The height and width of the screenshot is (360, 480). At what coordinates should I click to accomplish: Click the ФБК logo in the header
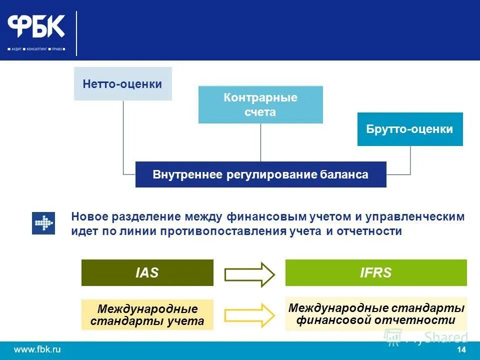click(x=36, y=26)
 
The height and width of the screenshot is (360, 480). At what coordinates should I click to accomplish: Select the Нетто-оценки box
click(x=122, y=84)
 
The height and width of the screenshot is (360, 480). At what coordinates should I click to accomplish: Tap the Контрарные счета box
click(x=260, y=104)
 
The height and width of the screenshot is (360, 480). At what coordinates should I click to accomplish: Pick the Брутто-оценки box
click(x=410, y=129)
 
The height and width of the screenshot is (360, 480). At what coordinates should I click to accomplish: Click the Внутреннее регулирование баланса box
click(x=260, y=174)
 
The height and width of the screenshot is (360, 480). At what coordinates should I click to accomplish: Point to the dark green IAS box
click(x=147, y=272)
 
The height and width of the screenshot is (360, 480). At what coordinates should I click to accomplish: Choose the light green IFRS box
click(x=376, y=272)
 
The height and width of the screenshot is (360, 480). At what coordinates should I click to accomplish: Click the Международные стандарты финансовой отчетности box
click(x=376, y=314)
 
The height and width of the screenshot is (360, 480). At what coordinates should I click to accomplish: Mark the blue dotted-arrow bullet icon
click(x=43, y=223)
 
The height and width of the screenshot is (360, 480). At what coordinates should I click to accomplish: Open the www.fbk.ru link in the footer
click(x=37, y=349)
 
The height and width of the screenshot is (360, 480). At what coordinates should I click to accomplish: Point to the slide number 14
click(x=461, y=349)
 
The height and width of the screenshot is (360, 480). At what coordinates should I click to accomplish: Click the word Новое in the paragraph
click(x=89, y=217)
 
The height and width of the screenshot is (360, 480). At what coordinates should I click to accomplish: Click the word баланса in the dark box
click(x=344, y=174)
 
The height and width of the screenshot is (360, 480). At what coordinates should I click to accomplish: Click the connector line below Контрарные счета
click(x=260, y=142)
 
